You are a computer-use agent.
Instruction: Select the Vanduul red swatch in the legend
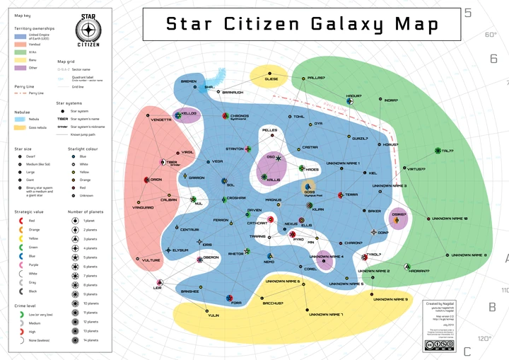21,43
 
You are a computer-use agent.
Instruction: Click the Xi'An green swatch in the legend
21,52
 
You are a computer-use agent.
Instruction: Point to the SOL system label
230,185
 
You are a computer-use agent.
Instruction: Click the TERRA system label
351,194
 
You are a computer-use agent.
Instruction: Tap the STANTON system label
234,149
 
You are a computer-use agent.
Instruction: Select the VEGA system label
217,162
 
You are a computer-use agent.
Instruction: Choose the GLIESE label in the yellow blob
271,79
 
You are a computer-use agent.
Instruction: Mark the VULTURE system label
151,260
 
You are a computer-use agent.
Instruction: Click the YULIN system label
213,315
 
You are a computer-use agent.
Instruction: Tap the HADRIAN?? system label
420,271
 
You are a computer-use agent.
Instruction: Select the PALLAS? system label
316,78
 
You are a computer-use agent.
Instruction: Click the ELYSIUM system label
180,250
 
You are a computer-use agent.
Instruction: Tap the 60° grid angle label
491,34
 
